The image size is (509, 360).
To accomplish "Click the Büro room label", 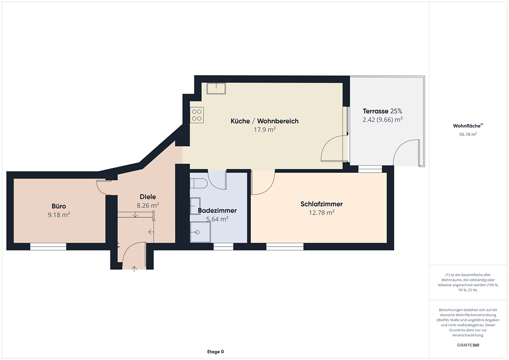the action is point(59,206).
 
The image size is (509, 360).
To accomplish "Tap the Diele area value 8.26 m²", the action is point(148,205).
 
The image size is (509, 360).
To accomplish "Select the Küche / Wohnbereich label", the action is point(264,121).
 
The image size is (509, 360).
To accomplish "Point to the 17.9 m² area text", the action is point(264,129).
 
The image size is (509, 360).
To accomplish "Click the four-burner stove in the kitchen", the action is point(197,115).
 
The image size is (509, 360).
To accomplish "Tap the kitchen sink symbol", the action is point(216,89).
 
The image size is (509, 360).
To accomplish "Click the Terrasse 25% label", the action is point(382,111).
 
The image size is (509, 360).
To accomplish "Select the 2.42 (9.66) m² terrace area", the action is point(382,119).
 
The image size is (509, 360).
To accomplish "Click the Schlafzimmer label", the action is point(322,204).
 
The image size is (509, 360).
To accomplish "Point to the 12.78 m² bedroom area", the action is point(322,213).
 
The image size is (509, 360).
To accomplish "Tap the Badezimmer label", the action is point(217,210).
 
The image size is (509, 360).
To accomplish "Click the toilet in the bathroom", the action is point(199,183).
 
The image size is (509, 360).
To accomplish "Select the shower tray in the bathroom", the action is point(200,232).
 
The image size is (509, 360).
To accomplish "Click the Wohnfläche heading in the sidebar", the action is point(468,126).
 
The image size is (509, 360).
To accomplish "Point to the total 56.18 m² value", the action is point(468,134).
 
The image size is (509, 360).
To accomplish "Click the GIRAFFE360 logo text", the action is point(468,345).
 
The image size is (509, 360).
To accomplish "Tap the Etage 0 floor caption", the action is point(216,352).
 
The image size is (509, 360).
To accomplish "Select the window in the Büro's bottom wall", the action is point(48,247).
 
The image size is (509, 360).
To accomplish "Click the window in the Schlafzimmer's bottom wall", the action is point(285,247).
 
